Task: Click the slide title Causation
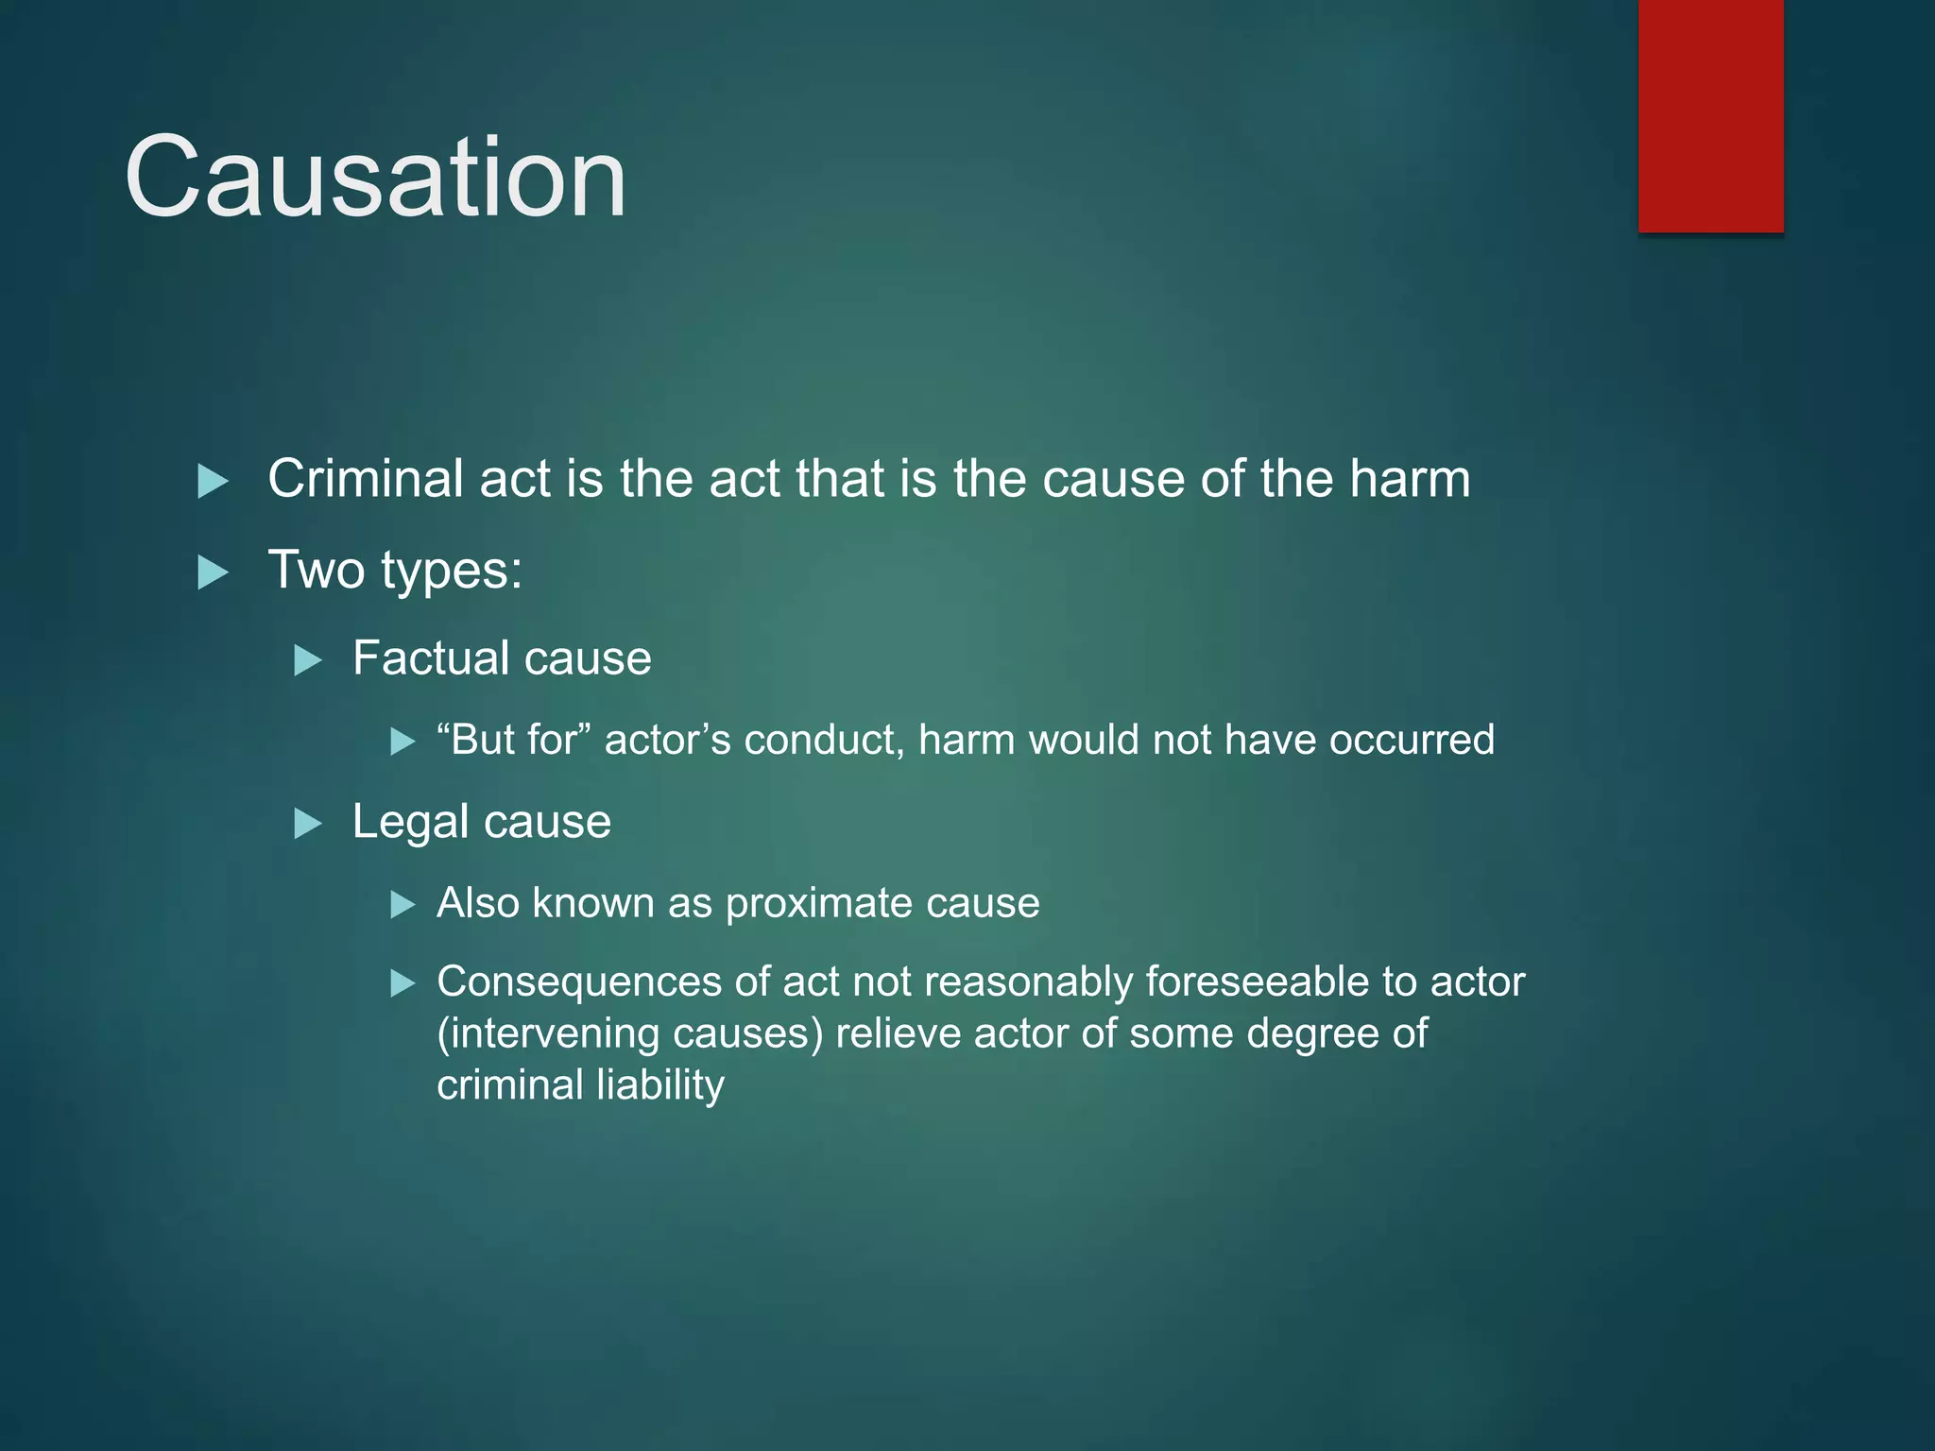coord(375,178)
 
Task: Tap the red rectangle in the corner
coord(1710,115)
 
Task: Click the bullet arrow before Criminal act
coord(213,481)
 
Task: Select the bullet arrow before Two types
coord(213,572)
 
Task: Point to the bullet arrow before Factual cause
coord(307,659)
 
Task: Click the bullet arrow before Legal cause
coord(307,823)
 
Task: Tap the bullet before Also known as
coord(402,905)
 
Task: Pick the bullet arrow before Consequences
coord(402,984)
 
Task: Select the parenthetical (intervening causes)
coord(629,1033)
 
